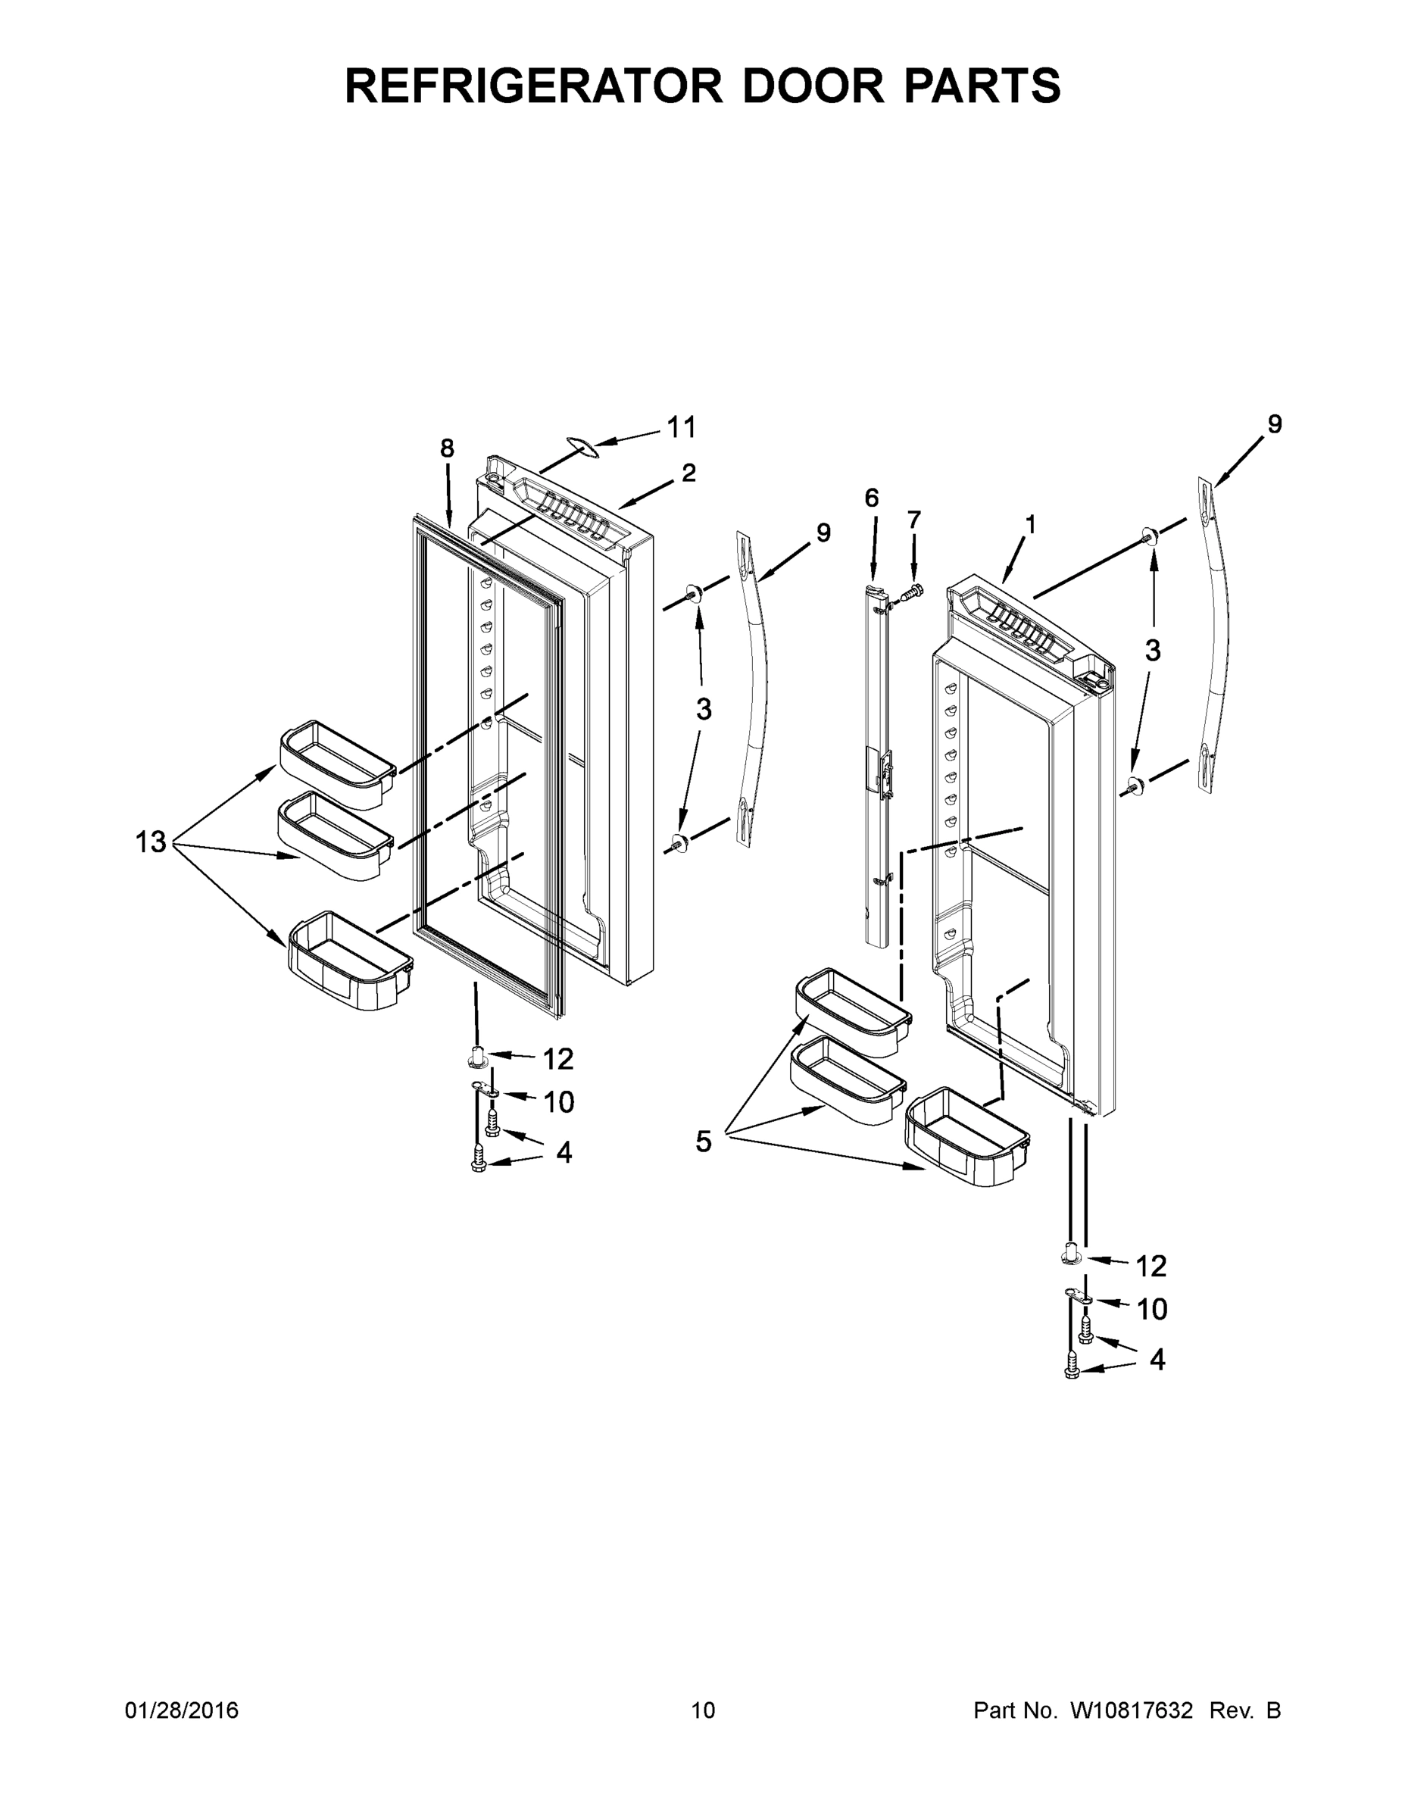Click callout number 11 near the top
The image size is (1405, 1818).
click(681, 428)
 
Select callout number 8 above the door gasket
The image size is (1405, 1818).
click(447, 448)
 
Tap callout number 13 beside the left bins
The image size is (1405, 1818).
click(151, 842)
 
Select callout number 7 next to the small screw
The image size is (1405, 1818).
click(914, 520)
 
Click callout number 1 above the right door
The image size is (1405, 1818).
click(1030, 524)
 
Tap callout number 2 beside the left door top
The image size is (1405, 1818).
click(688, 473)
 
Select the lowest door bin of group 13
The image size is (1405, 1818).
click(350, 961)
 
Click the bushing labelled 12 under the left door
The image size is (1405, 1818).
click(478, 1057)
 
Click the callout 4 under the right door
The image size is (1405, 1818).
click(1157, 1360)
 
